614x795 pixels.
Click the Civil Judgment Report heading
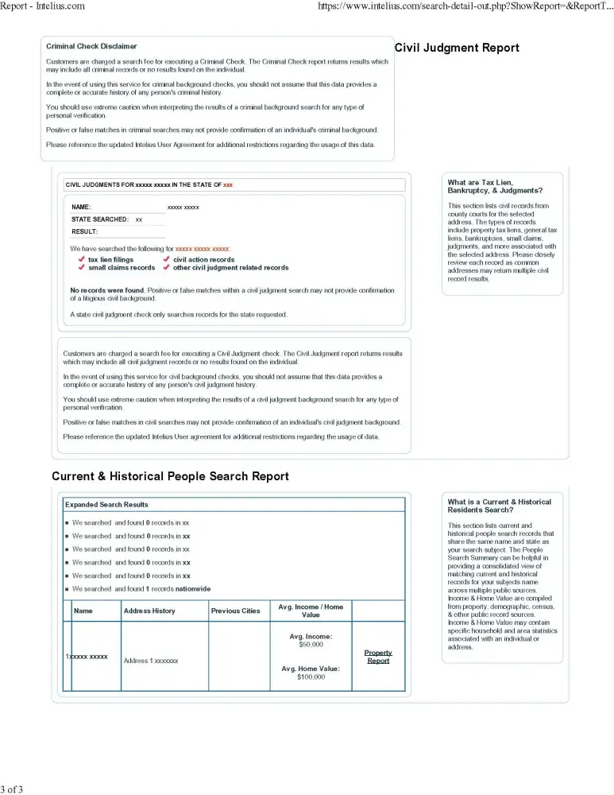point(457,48)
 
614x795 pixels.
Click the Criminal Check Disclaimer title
point(91,47)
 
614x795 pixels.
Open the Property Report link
point(378,657)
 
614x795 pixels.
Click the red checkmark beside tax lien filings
point(81,260)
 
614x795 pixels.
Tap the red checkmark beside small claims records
point(81,268)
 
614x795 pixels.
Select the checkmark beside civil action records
point(166,260)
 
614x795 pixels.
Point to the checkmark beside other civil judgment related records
point(166,268)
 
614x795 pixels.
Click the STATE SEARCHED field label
point(100,219)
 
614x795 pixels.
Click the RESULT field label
point(84,231)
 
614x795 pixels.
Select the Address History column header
point(149,611)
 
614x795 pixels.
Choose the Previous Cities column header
point(235,611)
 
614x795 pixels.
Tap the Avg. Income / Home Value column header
point(311,611)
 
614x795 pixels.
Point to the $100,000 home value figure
point(311,677)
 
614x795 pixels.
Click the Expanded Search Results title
point(106,505)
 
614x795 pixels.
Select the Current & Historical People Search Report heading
point(170,476)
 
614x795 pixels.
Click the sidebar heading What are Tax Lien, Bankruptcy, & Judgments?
point(495,187)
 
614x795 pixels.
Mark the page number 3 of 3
point(12,789)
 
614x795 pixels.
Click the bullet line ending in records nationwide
point(141,589)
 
